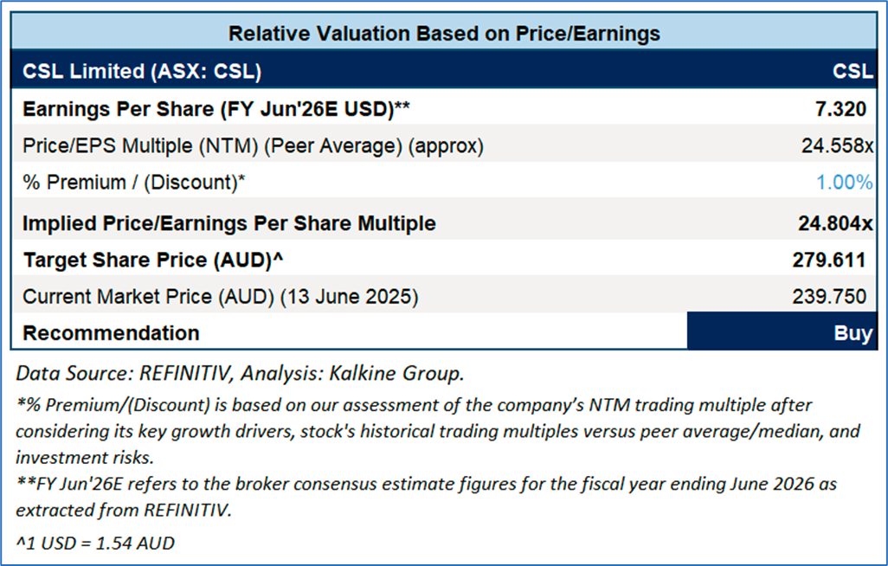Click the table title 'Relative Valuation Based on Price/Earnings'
point(444,34)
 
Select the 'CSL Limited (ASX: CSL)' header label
point(142,71)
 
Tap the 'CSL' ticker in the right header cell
point(852,71)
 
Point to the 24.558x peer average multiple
point(836,146)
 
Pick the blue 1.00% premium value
point(843,183)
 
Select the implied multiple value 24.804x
point(834,223)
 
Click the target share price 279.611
point(829,260)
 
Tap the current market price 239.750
point(829,297)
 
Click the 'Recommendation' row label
point(111,333)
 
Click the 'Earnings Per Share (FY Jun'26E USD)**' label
point(216,110)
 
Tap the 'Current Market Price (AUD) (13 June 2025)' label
point(221,297)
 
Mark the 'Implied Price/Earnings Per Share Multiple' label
point(229,223)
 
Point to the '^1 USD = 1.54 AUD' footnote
point(95,543)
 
